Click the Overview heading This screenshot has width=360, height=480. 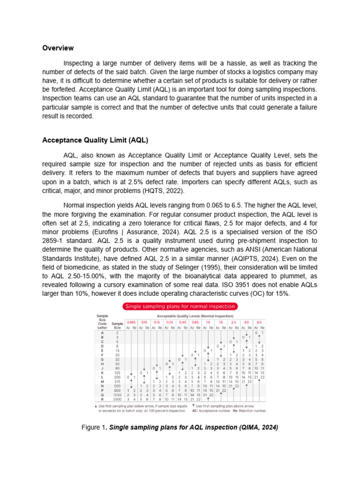(x=58, y=48)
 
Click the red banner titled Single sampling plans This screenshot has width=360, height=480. (x=180, y=307)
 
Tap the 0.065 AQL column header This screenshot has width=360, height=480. (x=131, y=322)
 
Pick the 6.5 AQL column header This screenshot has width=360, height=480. (x=259, y=322)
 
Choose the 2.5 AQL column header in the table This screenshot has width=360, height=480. (x=233, y=322)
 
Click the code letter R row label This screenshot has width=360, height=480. (x=102, y=399)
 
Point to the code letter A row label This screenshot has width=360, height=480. (x=102, y=333)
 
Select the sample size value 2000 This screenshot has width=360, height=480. (x=117, y=399)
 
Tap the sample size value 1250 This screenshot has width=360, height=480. (x=117, y=395)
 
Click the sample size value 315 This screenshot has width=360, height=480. (x=117, y=381)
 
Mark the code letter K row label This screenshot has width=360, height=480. (x=102, y=372)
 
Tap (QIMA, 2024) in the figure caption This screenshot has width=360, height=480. (x=257, y=427)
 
